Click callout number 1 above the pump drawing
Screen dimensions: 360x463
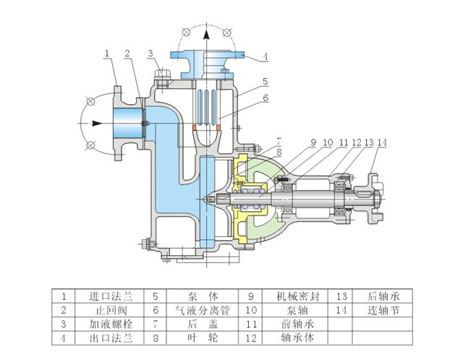pos(106,53)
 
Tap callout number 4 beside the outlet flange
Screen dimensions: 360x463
pos(266,56)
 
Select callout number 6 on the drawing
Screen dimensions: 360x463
pos(266,98)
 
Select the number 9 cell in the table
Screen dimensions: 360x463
pos(250,296)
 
